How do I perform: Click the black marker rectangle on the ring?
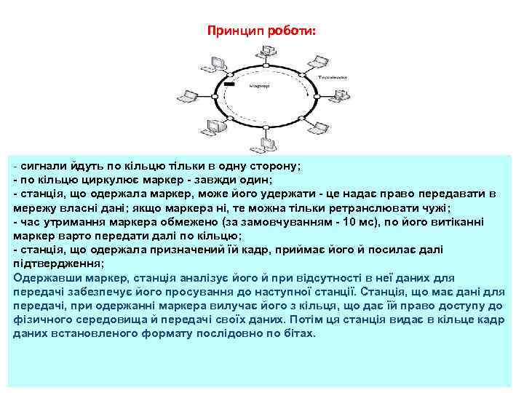[229, 86]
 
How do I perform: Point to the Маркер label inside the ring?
[260, 85]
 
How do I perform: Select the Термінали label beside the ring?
[331, 76]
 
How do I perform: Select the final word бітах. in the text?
[301, 333]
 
